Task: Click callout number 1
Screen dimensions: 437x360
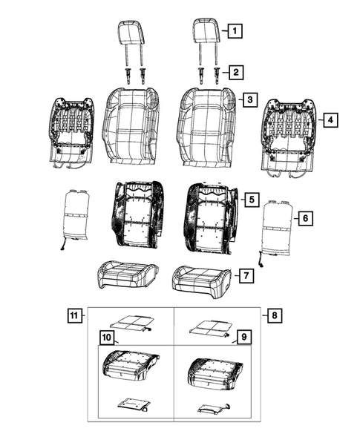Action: pyautogui.click(x=235, y=31)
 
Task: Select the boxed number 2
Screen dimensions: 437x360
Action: pyautogui.click(x=235, y=72)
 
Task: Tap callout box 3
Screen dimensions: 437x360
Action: pyautogui.click(x=250, y=99)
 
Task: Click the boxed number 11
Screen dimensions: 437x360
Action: pyautogui.click(x=75, y=315)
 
